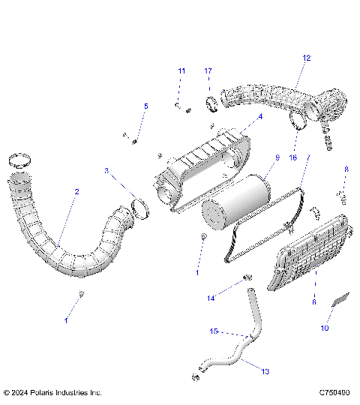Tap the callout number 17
208,70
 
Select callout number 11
181,70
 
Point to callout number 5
146,106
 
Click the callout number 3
106,171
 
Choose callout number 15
213,331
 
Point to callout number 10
325,328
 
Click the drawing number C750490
333,392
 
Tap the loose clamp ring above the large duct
22,160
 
